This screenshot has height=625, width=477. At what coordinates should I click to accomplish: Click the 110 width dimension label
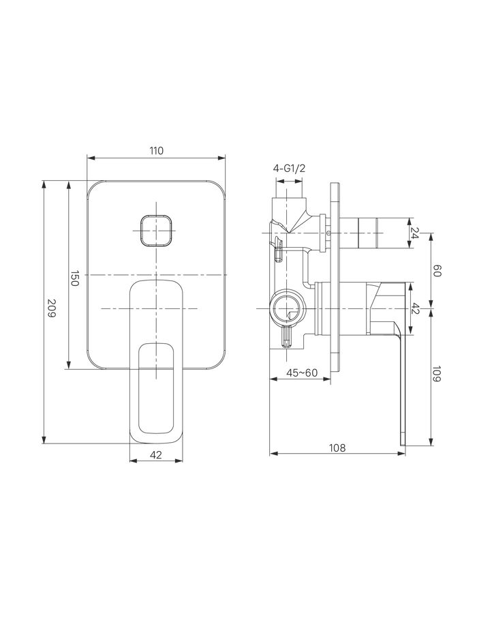point(157,151)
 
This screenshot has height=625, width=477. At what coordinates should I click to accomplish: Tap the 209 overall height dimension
point(51,308)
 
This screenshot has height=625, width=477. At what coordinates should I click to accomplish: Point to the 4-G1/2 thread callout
point(289,169)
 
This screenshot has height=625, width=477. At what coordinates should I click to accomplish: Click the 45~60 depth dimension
point(302,373)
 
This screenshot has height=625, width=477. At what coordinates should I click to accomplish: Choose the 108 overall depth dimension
point(337,448)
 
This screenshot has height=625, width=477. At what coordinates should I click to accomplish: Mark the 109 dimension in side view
point(436,374)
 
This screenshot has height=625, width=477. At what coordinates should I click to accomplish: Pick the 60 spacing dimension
point(436,271)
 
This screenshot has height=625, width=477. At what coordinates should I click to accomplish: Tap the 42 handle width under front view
point(157,455)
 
